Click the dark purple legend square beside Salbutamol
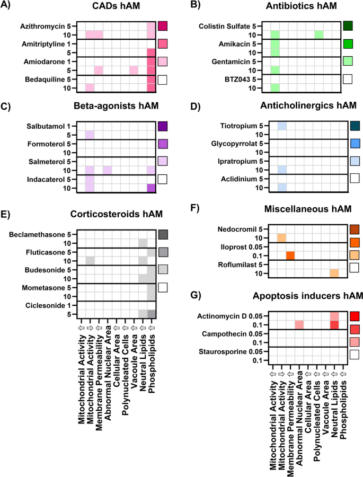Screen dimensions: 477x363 [163, 126]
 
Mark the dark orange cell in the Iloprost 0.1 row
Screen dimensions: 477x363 [290, 255]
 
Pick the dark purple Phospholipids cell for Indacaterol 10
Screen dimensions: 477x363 [152, 188]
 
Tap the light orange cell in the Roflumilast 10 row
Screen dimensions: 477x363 [334, 273]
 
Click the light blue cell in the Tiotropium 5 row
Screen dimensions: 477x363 [281, 126]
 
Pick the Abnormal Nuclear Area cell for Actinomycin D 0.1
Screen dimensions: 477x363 [299, 324]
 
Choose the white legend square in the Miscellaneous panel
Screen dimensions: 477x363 [355, 268]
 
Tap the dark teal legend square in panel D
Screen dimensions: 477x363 [355, 126]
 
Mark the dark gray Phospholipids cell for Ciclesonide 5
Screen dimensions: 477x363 [152, 313]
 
